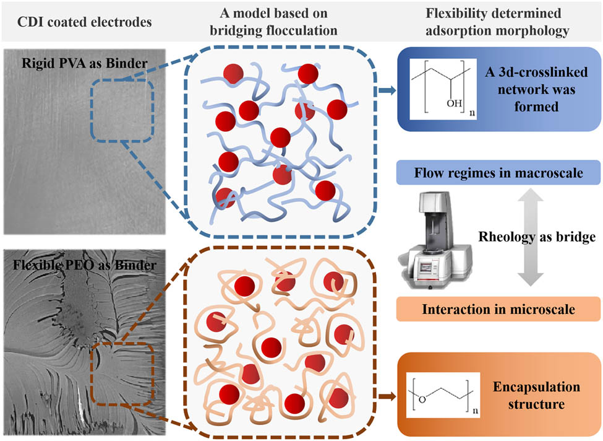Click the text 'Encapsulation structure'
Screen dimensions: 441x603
click(x=536, y=397)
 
